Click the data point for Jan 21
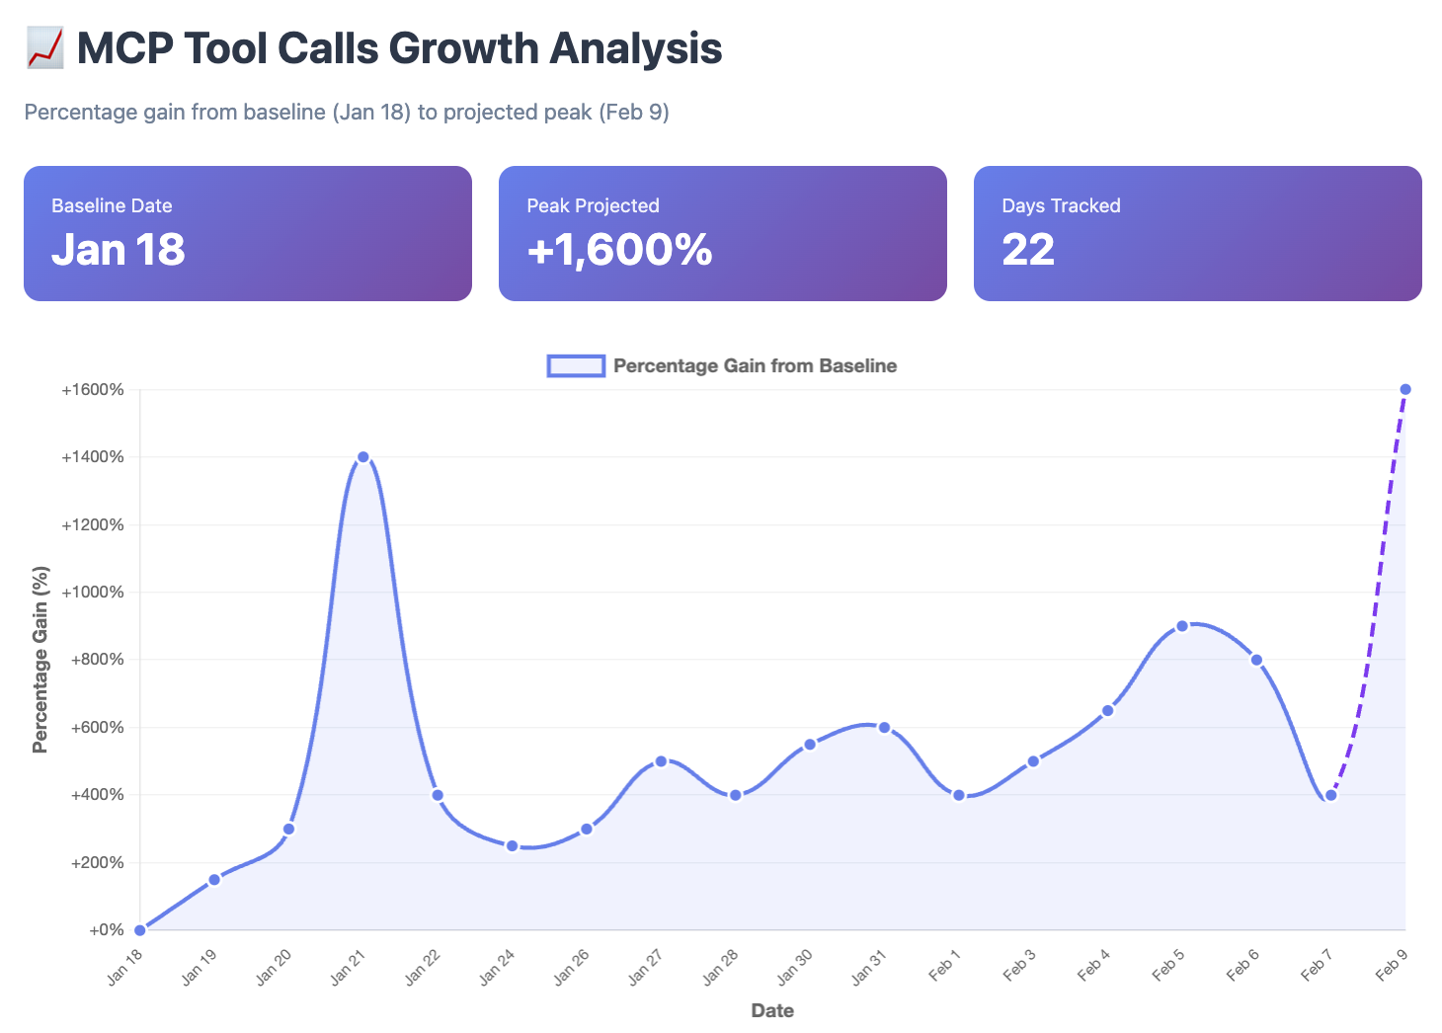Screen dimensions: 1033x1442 click(x=363, y=457)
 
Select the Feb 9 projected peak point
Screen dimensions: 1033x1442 click(x=1405, y=389)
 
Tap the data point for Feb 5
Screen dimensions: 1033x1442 click(x=1182, y=626)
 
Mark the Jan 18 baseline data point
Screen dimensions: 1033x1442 click(x=140, y=930)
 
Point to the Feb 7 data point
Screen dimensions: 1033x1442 click(x=1331, y=795)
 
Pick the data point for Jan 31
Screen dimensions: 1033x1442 click(x=884, y=728)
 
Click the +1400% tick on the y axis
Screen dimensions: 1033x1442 click(x=93, y=457)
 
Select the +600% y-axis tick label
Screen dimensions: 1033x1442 click(x=97, y=728)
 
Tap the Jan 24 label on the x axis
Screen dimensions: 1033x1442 click(x=497, y=968)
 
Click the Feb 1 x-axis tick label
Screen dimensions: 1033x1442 click(x=944, y=965)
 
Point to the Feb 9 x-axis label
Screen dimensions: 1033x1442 click(x=1391, y=965)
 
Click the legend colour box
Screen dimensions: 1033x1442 click(x=576, y=366)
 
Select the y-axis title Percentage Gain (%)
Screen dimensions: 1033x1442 click(x=40, y=660)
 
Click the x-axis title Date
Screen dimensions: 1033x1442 click(x=772, y=1010)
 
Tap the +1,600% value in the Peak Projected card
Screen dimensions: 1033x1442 click(x=619, y=250)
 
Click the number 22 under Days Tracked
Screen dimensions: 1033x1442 click(x=1028, y=250)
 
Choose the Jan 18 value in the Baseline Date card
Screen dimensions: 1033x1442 click(x=119, y=250)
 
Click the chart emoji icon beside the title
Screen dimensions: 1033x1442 click(x=45, y=48)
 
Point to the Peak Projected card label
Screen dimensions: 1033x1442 click(x=593, y=205)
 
